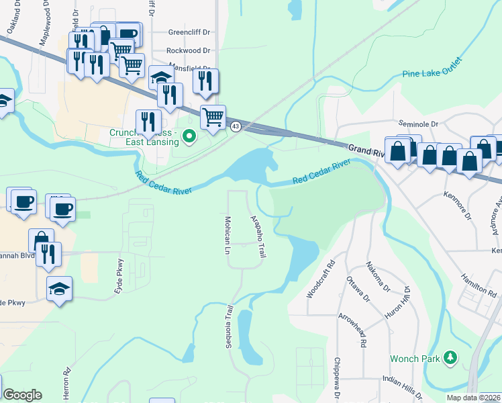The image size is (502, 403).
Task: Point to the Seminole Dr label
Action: (417, 124)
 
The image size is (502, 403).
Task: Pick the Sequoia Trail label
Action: (229, 325)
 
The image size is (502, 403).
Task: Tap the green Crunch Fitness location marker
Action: (189, 138)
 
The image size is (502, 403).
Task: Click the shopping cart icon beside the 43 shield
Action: (213, 117)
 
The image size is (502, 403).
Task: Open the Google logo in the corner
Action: (22, 395)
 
